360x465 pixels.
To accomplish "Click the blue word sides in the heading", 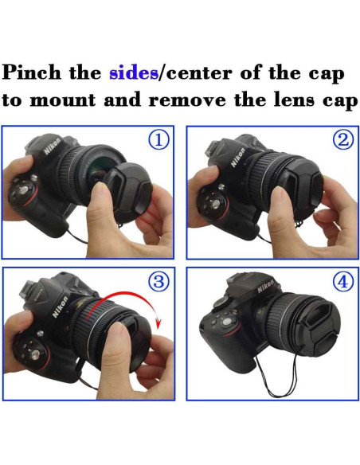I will point(133,73).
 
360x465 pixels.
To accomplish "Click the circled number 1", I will point(159,140).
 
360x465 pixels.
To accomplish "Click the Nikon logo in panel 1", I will point(53,150).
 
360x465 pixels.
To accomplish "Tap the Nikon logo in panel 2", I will point(237,154).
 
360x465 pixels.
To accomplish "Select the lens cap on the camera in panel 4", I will point(319,324).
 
